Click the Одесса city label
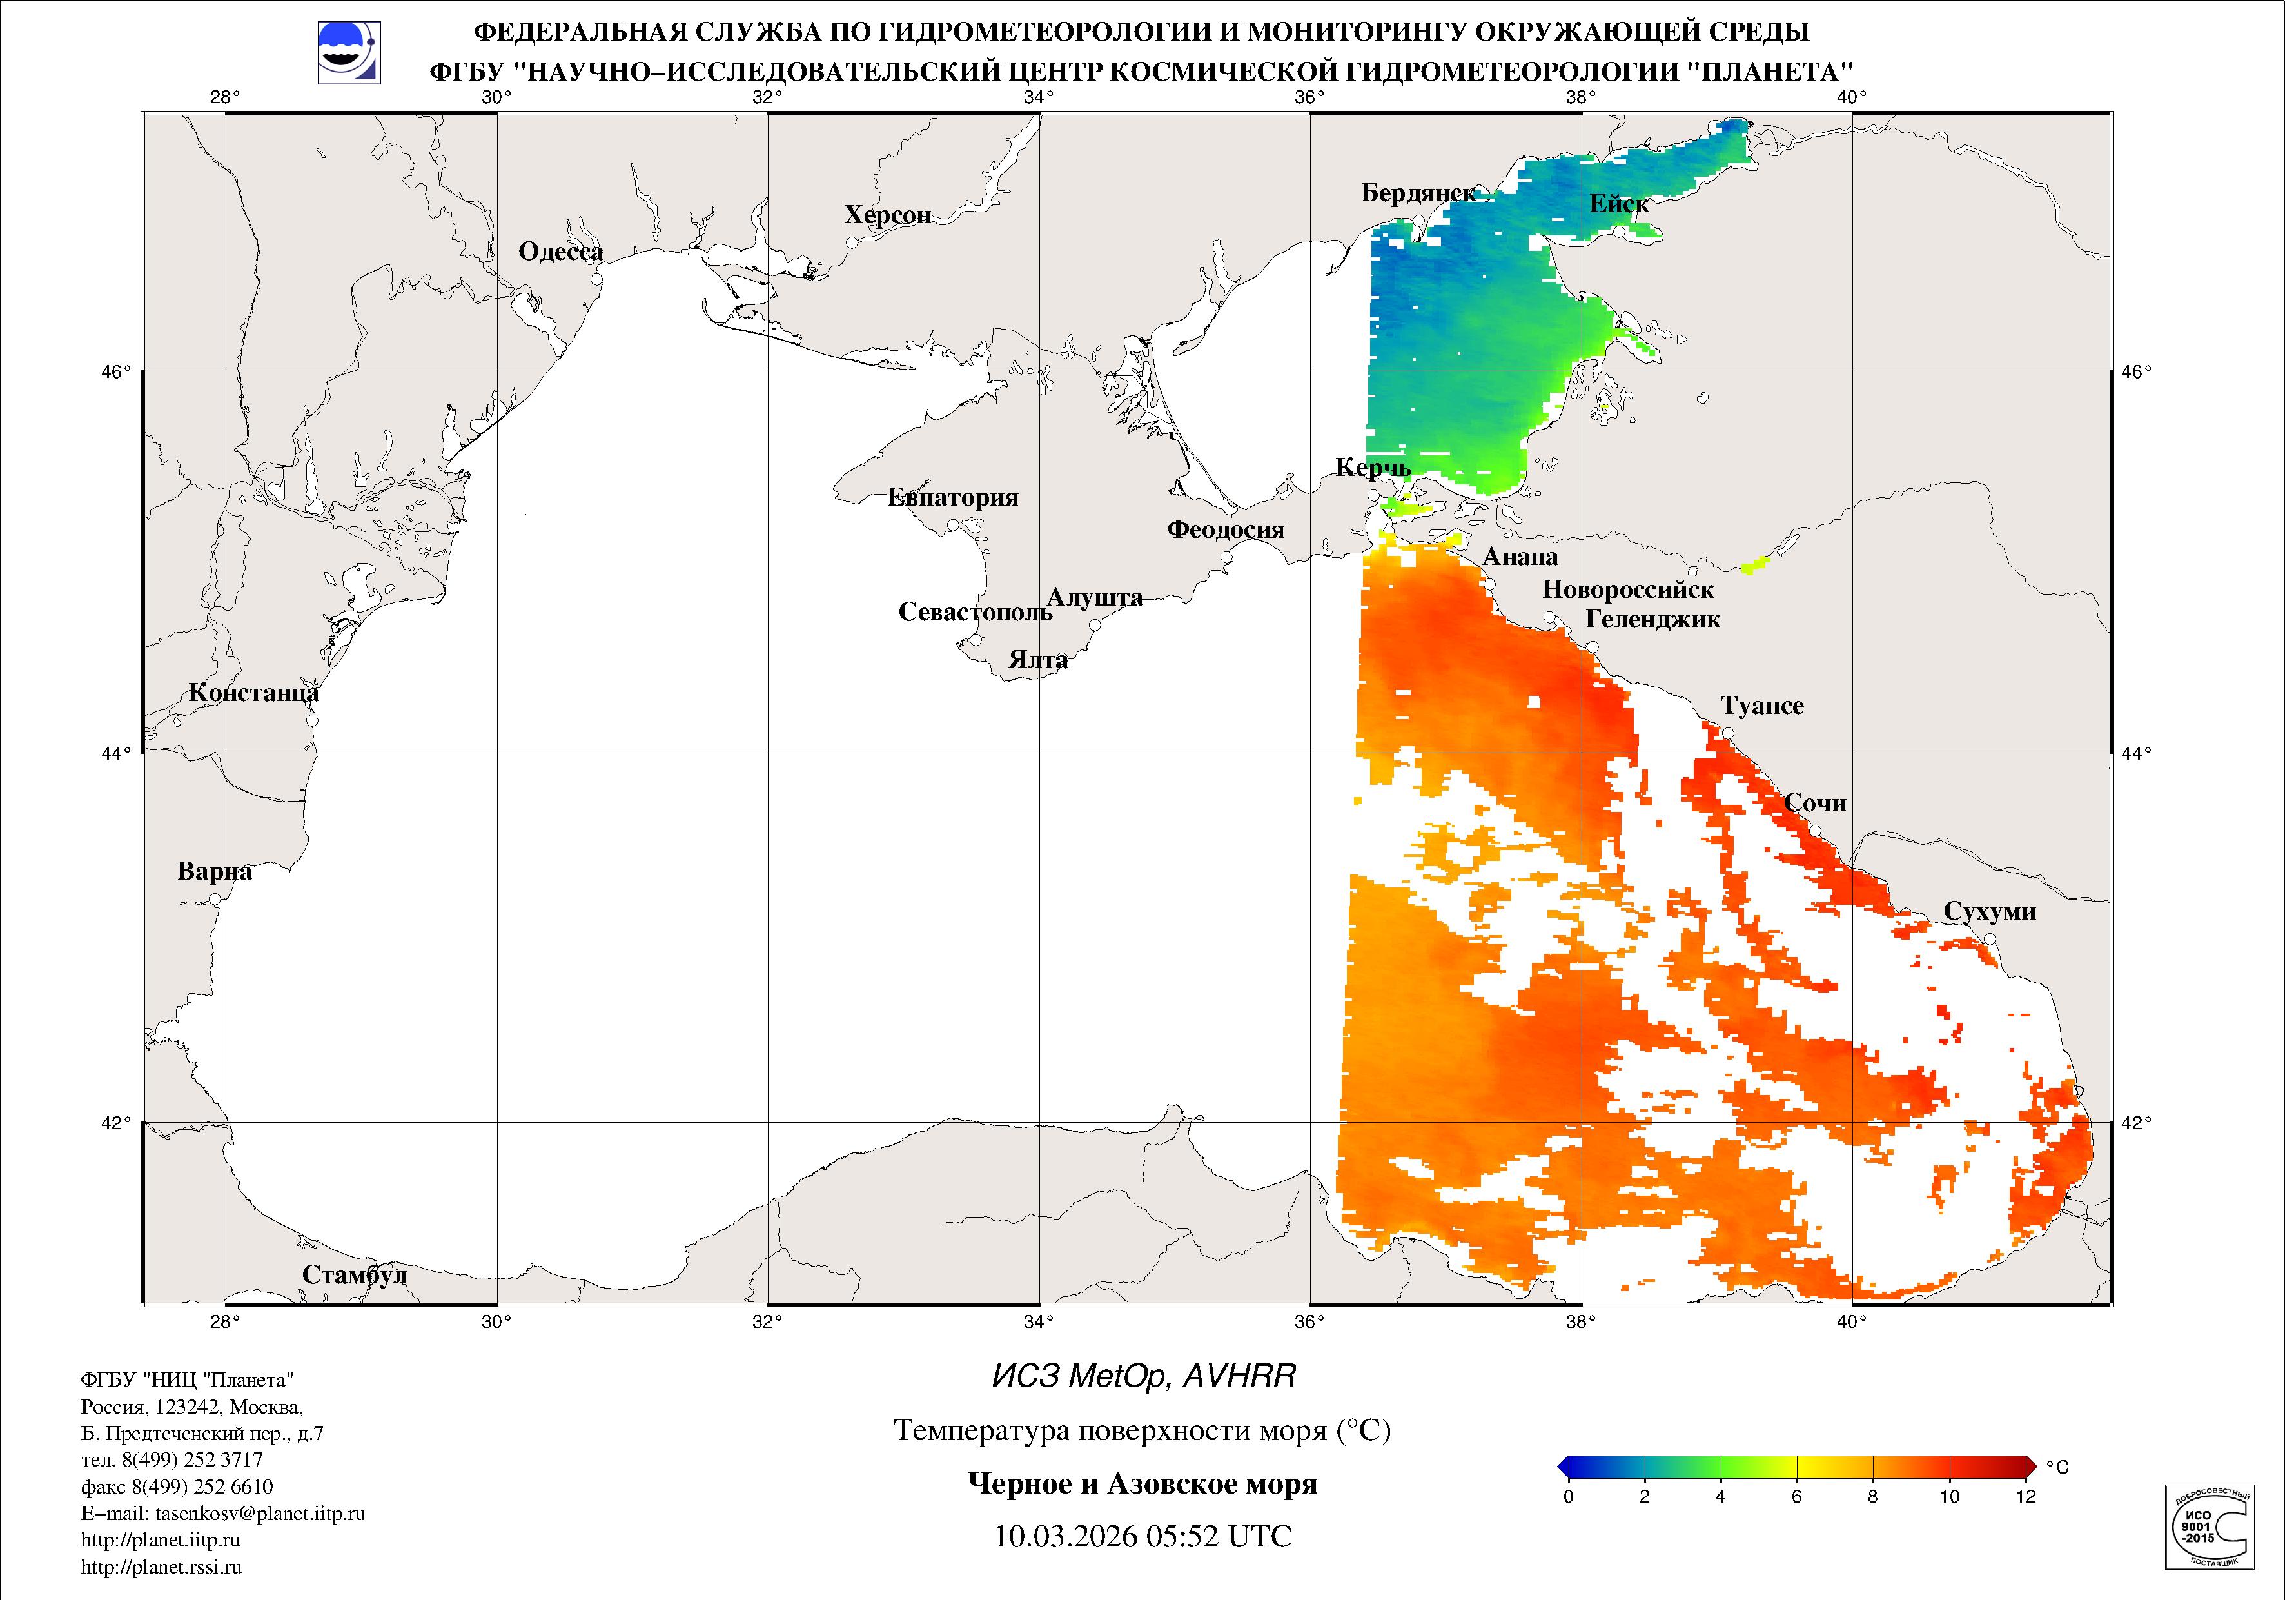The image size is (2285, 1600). (x=560, y=252)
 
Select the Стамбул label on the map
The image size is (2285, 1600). (x=355, y=1276)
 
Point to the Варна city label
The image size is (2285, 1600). (x=214, y=872)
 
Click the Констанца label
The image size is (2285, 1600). (x=254, y=693)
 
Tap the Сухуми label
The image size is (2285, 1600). (x=1990, y=912)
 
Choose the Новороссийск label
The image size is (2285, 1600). (x=1627, y=589)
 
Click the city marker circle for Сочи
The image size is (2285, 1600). (x=1814, y=831)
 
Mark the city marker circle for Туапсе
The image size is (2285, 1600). (x=1728, y=734)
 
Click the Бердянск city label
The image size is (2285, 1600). (x=1418, y=193)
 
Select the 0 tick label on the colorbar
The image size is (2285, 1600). (x=1569, y=1496)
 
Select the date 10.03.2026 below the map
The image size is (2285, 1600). (x=1065, y=1536)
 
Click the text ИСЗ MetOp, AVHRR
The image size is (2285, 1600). (x=1144, y=1376)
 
